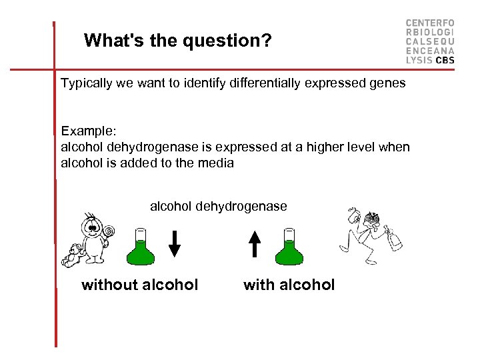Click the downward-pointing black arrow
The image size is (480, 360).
[x=174, y=243]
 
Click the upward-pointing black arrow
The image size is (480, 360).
[x=255, y=243]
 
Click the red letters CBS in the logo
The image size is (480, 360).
[x=445, y=60]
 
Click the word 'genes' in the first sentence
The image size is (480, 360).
[x=387, y=84]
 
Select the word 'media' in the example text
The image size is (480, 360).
[x=216, y=163]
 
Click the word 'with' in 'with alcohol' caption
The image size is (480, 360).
[x=258, y=285]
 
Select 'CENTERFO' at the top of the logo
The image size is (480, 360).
[x=430, y=23]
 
